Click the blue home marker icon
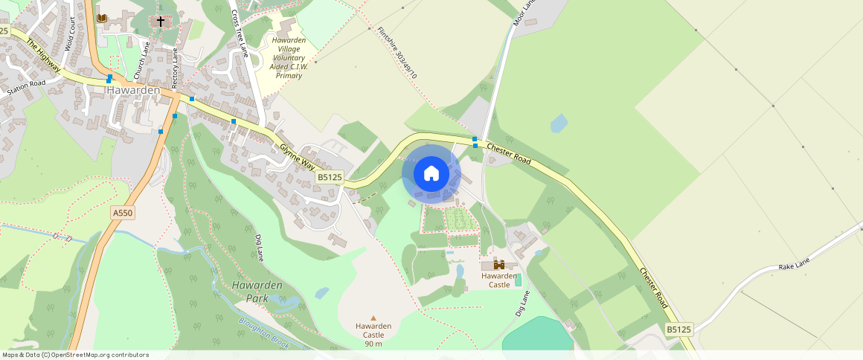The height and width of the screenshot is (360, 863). [431, 174]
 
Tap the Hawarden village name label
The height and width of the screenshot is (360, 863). [133, 90]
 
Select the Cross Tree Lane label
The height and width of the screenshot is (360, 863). [239, 33]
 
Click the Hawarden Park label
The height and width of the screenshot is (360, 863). [257, 292]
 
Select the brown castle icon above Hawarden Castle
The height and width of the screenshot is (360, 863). [499, 264]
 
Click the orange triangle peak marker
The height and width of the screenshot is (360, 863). [373, 318]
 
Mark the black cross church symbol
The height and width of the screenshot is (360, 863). [160, 22]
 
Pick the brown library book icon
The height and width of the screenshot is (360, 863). [102, 18]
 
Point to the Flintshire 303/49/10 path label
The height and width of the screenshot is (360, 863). [397, 53]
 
